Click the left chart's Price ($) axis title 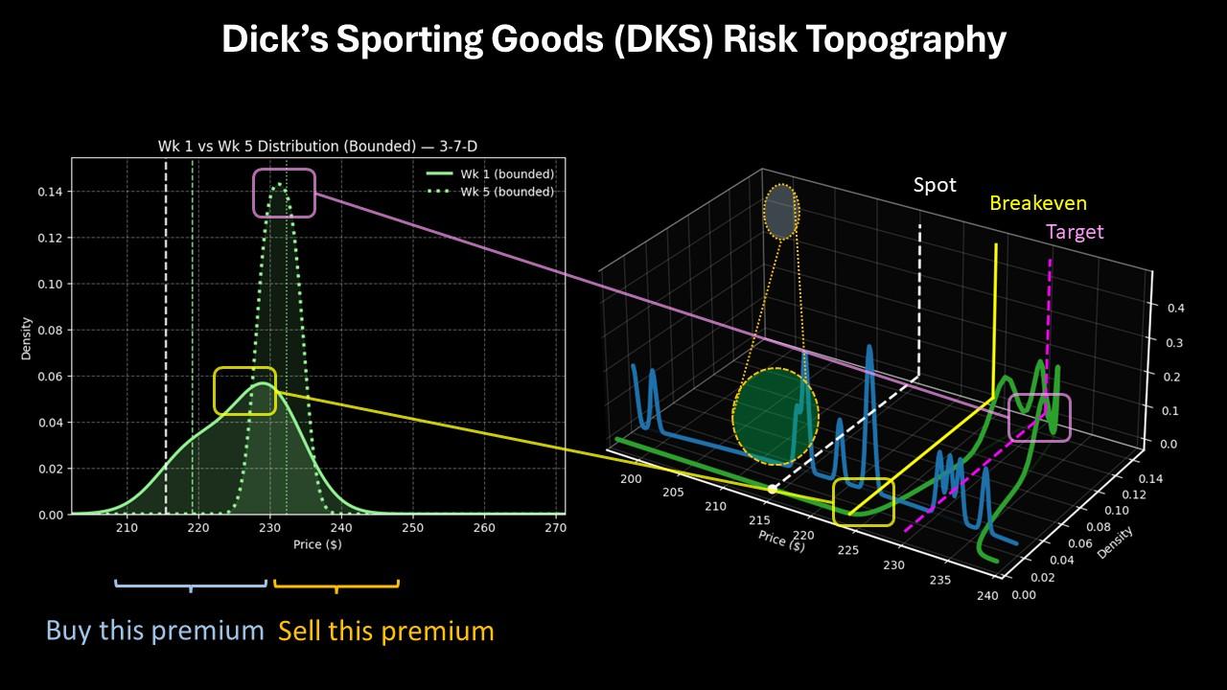click(317, 544)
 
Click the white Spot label click(934, 185)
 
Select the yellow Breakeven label click(1038, 203)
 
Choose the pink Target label click(1075, 232)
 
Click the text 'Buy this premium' click(154, 631)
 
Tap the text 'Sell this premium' click(386, 631)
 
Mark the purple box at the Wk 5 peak click(284, 193)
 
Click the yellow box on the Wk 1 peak click(244, 391)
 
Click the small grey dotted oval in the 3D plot click(781, 211)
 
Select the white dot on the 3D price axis click(773, 489)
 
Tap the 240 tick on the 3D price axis click(988, 596)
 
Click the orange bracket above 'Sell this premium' click(336, 583)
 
